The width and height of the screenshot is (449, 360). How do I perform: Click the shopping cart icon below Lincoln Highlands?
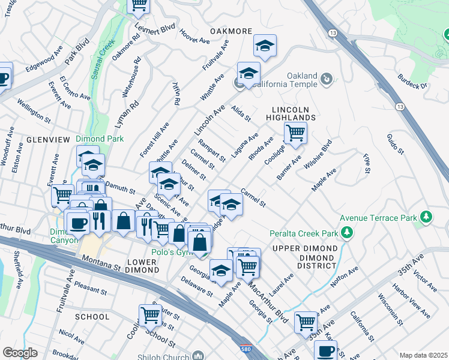(x=295, y=133)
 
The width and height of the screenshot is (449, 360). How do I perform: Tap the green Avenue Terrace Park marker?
(x=426, y=216)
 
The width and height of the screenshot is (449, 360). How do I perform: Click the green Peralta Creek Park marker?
(x=346, y=232)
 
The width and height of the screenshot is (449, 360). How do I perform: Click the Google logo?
(x=20, y=353)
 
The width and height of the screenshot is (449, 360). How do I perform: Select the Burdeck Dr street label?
(x=415, y=85)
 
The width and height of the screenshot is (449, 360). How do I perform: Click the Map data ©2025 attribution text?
(x=423, y=355)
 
